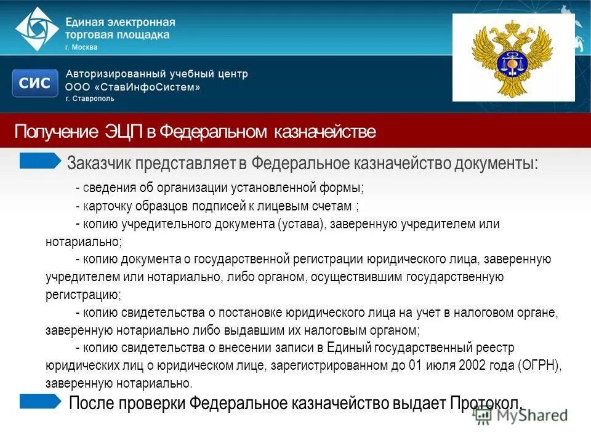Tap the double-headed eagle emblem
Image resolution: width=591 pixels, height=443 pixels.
pyautogui.click(x=513, y=59)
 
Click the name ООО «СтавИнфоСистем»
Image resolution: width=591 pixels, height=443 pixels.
pyautogui.click(x=132, y=87)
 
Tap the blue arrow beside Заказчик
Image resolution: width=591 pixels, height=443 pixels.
pyautogui.click(x=41, y=161)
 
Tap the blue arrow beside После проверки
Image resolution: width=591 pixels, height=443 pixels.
pyautogui.click(x=41, y=401)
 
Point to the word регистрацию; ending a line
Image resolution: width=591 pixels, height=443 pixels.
pyautogui.click(x=83, y=295)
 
